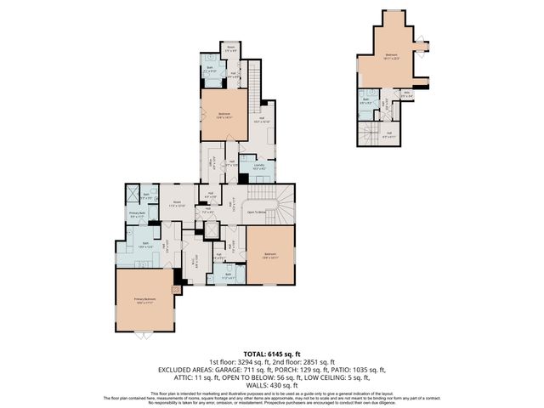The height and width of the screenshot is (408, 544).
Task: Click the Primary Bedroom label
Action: click(x=144, y=299)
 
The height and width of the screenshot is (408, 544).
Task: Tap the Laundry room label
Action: click(x=259, y=166)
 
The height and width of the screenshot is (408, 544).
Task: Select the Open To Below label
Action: click(x=257, y=212)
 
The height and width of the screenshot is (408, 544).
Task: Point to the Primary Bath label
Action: click(x=136, y=214)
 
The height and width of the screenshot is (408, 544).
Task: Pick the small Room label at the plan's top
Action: click(x=230, y=48)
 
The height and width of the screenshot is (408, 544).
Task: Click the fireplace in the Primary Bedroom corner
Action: click(x=176, y=289)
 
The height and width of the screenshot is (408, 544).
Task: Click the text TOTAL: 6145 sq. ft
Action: click(x=271, y=354)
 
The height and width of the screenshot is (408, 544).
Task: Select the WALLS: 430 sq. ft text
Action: click(x=271, y=384)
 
